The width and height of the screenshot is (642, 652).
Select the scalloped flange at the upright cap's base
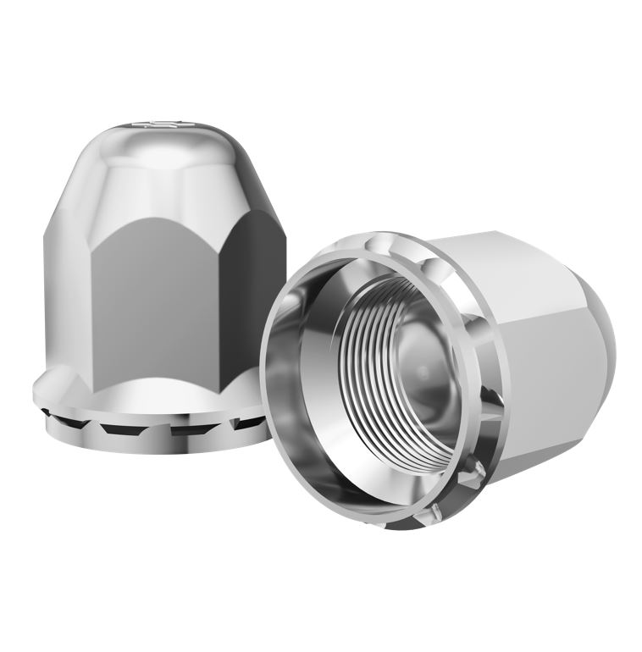point(152,398)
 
